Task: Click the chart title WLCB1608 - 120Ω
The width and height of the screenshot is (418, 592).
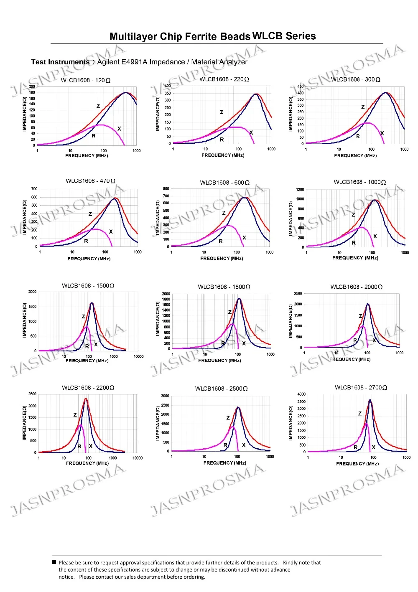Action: [86, 80]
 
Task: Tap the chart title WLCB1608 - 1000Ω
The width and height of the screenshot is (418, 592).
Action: [359, 182]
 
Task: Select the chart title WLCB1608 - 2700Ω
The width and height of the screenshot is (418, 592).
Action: [361, 388]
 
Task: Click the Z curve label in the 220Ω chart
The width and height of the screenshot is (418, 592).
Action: [222, 112]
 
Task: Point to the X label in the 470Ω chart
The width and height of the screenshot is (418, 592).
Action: [111, 231]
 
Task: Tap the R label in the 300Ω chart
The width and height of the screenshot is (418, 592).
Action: [358, 136]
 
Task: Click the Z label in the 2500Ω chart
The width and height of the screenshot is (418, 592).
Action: [228, 418]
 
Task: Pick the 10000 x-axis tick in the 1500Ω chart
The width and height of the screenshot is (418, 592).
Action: [138, 356]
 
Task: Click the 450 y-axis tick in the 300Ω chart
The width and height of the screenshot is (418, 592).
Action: [301, 86]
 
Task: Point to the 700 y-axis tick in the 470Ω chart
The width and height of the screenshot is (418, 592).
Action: [34, 189]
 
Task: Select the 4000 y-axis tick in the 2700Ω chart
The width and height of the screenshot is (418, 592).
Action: [301, 394]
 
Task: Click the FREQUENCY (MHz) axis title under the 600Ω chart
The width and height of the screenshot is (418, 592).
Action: [222, 258]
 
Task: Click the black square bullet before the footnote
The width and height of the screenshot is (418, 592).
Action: [54, 562]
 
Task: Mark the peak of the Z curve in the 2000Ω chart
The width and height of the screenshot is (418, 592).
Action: [368, 304]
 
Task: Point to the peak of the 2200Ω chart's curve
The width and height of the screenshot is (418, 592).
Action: [86, 399]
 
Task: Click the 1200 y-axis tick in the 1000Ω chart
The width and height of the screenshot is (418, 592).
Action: [300, 190]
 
